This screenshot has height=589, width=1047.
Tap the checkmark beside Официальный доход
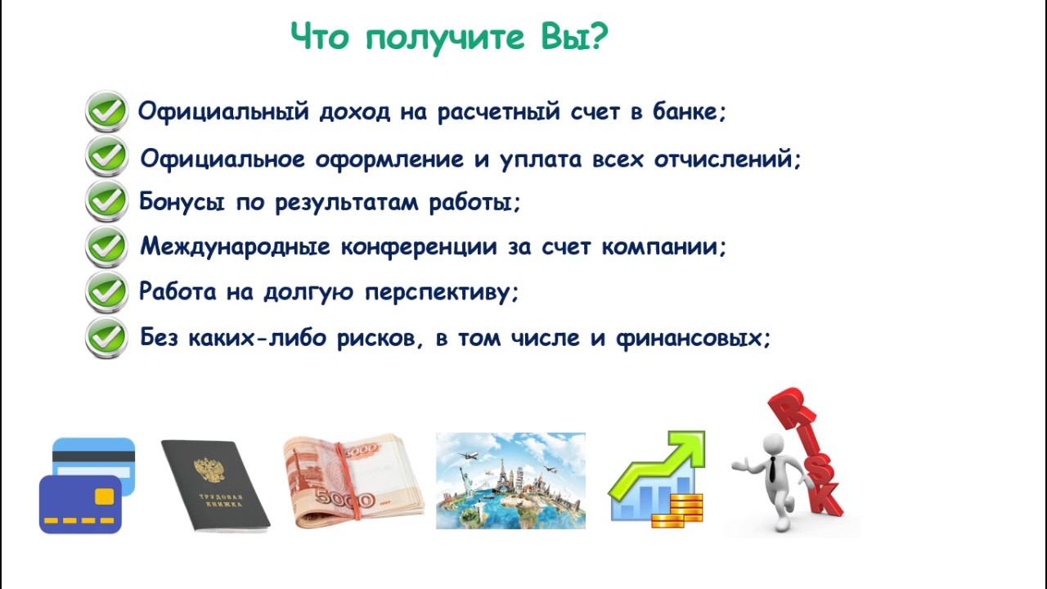tap(106, 111)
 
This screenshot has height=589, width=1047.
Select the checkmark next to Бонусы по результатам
tap(106, 201)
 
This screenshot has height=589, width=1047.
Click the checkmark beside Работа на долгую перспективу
tap(106, 291)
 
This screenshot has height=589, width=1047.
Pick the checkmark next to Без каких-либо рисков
tap(106, 336)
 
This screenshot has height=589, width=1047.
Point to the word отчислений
tap(727, 159)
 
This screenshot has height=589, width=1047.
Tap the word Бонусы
tap(182, 202)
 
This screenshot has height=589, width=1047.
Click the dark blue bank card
tap(80, 505)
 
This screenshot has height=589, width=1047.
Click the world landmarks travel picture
tap(510, 480)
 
